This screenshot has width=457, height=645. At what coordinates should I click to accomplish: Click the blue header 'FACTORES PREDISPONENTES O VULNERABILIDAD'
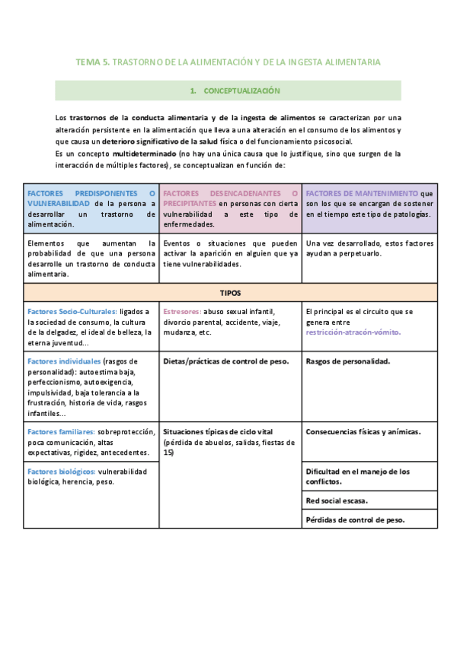pyautogui.click(x=91, y=199)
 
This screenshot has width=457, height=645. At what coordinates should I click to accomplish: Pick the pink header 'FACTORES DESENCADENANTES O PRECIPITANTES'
pyautogui.click(x=230, y=199)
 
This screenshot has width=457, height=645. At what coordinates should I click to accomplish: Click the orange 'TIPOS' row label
pyautogui.click(x=230, y=292)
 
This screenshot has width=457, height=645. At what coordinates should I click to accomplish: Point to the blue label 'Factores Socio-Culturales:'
pyautogui.click(x=72, y=312)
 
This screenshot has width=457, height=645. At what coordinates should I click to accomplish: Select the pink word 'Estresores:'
pyautogui.click(x=183, y=312)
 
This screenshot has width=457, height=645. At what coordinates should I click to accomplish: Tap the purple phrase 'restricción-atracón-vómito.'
pyautogui.click(x=353, y=332)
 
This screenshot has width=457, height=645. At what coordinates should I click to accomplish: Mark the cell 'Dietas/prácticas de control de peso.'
pyautogui.click(x=226, y=361)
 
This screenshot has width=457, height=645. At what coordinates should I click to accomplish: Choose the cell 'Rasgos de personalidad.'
pyautogui.click(x=347, y=361)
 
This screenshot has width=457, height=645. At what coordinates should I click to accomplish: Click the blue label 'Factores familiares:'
pyautogui.click(x=61, y=431)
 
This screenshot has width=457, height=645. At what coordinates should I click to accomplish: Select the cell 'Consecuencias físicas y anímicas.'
pyautogui.click(x=363, y=431)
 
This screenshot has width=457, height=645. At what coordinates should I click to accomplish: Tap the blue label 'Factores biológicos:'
pyautogui.click(x=61, y=472)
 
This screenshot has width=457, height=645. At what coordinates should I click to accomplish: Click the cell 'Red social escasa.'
pyautogui.click(x=336, y=501)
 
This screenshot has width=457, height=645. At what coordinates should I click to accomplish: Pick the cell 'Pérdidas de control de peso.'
pyautogui.click(x=354, y=520)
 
